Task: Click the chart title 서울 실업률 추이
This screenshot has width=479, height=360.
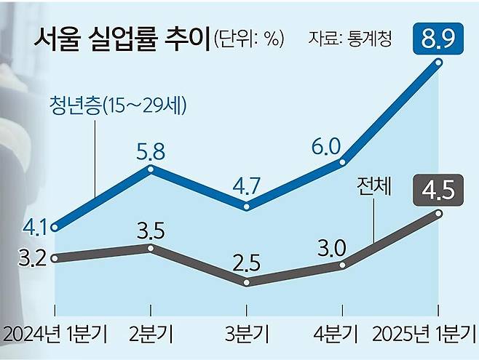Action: pos(121,38)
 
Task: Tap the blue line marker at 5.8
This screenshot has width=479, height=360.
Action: pos(151,169)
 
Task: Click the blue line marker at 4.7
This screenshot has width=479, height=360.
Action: pos(247,207)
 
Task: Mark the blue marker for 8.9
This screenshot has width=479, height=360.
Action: pos(438,63)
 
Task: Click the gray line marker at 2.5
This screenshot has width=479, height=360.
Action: pos(247,282)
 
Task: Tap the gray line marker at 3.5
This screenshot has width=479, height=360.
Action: pos(151,248)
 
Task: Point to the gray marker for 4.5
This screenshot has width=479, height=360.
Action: pos(438,212)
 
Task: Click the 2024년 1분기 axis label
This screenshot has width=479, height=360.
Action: pos(55,336)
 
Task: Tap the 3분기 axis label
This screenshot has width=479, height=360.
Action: pos(247,336)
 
